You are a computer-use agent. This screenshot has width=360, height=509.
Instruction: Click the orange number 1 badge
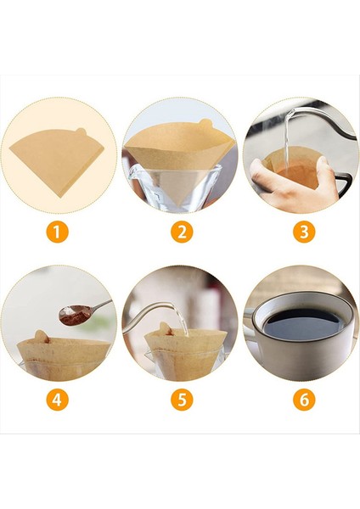[57, 232]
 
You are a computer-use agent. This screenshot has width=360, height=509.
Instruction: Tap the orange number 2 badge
[181, 232]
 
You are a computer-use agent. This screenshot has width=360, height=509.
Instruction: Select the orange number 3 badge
[304, 232]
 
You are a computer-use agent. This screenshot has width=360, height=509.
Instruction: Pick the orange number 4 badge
[57, 400]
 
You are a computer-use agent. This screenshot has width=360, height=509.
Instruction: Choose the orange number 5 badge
[181, 400]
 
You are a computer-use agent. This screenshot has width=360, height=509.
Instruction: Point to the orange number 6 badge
[304, 400]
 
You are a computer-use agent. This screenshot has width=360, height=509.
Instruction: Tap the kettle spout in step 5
[161, 310]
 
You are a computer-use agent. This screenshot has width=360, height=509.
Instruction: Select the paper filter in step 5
[185, 343]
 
